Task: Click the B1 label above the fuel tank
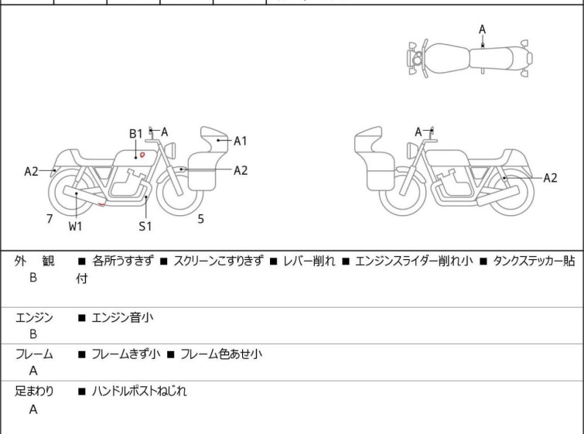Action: (136, 134)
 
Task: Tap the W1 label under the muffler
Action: (75, 226)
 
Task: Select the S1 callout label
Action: (145, 226)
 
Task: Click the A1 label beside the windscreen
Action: (241, 141)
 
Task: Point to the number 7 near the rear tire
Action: (50, 219)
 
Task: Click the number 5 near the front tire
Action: (201, 219)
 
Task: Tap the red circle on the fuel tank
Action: (142, 155)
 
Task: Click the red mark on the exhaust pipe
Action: (101, 204)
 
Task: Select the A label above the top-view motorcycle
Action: (483, 29)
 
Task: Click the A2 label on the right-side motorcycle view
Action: (550, 178)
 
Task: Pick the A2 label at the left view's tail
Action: (31, 172)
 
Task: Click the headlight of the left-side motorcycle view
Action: (170, 150)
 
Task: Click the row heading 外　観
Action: (34, 261)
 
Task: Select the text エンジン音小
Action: (122, 318)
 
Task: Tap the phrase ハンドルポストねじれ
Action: (139, 391)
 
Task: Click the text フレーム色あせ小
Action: (221, 354)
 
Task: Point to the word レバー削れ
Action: (309, 261)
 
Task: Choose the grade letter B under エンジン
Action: (33, 334)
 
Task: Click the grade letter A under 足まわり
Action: (33, 409)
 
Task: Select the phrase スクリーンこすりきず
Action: (219, 261)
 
